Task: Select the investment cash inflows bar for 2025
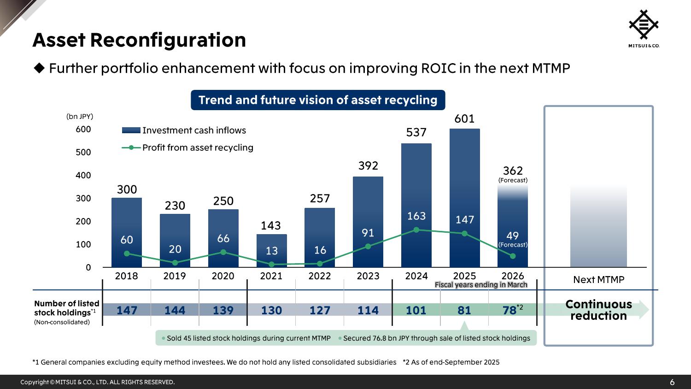464,184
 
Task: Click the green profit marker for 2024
416,230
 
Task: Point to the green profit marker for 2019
175,263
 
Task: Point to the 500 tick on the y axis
83,152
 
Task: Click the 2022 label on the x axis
320,276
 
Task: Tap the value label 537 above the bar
416,133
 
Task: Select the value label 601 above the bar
464,119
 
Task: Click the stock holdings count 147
127,310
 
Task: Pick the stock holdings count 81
464,310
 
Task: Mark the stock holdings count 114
368,310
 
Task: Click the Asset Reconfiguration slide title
139,40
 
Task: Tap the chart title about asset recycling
318,100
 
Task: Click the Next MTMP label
598,280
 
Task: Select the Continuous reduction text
598,310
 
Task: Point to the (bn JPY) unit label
80,117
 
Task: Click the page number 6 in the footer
672,382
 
